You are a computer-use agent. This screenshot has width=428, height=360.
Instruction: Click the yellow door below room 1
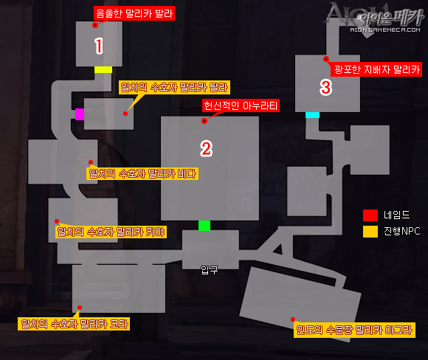(103, 69)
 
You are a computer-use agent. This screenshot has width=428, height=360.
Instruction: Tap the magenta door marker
(80, 114)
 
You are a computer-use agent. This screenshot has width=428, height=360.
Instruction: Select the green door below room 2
(204, 226)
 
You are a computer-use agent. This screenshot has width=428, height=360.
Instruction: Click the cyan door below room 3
(312, 115)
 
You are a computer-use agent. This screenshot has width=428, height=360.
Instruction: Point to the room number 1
(99, 46)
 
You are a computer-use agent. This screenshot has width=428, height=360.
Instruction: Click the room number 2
(206, 148)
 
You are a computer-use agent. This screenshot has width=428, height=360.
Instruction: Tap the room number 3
(325, 87)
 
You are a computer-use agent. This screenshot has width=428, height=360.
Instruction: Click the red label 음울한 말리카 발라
(134, 13)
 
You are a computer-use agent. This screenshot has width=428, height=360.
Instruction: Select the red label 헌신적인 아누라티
(241, 105)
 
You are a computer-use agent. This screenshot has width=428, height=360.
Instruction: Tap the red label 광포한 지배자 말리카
(376, 69)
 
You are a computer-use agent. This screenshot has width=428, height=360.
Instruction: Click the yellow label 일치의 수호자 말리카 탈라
(174, 87)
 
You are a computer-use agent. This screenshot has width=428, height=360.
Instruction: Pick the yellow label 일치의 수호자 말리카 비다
(142, 173)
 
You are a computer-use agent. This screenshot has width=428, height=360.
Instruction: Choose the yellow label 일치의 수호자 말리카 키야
(111, 232)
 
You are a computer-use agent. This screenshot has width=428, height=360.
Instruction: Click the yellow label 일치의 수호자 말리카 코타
(74, 324)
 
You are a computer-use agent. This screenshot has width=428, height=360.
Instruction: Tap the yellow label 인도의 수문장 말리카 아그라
(354, 330)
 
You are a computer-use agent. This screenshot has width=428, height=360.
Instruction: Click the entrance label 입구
(209, 270)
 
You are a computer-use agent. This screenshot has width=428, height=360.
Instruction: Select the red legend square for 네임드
(370, 215)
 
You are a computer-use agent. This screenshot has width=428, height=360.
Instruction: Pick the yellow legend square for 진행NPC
(370, 232)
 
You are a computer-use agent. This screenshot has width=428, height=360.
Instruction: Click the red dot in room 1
(95, 25)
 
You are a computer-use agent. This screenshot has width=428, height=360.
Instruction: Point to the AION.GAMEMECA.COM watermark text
(385, 30)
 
